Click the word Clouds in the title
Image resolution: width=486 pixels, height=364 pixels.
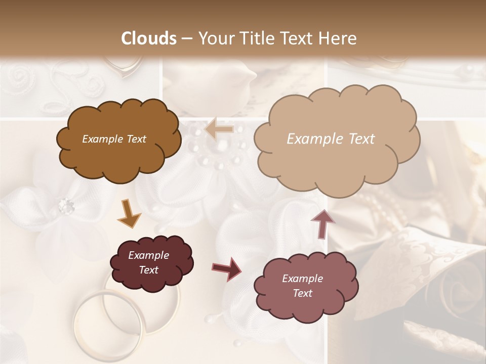(149, 38)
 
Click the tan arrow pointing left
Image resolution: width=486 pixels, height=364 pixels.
(219, 129)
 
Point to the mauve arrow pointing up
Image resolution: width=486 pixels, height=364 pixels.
(322, 223)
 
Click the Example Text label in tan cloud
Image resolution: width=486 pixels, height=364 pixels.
(331, 139)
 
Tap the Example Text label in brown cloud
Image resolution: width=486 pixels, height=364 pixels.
(114, 139)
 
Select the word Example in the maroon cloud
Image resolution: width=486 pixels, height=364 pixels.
(148, 255)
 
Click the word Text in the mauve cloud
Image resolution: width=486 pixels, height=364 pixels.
(302, 293)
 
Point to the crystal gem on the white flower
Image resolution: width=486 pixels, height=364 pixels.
(66, 205)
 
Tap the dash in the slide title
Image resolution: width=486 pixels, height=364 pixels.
(187, 39)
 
